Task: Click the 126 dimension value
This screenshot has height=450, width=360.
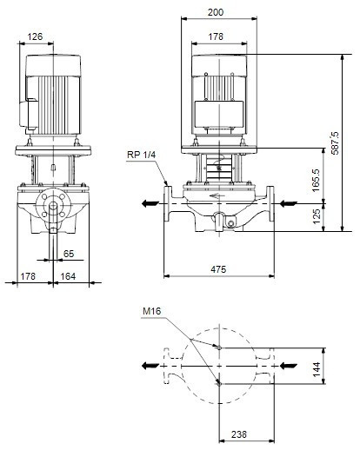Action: click(35, 36)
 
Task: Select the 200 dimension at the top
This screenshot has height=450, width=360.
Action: click(216, 12)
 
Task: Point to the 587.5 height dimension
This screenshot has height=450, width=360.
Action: click(335, 143)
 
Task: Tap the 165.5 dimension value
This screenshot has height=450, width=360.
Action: click(317, 180)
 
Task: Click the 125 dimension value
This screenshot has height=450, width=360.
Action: click(317, 216)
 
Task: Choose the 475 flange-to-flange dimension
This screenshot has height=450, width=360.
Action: click(218, 269)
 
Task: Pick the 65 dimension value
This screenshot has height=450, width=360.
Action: click(69, 254)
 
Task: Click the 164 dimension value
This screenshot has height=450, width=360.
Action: click(68, 276)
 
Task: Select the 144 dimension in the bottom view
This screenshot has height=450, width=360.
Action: click(317, 368)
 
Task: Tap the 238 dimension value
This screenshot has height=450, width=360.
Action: click(239, 434)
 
